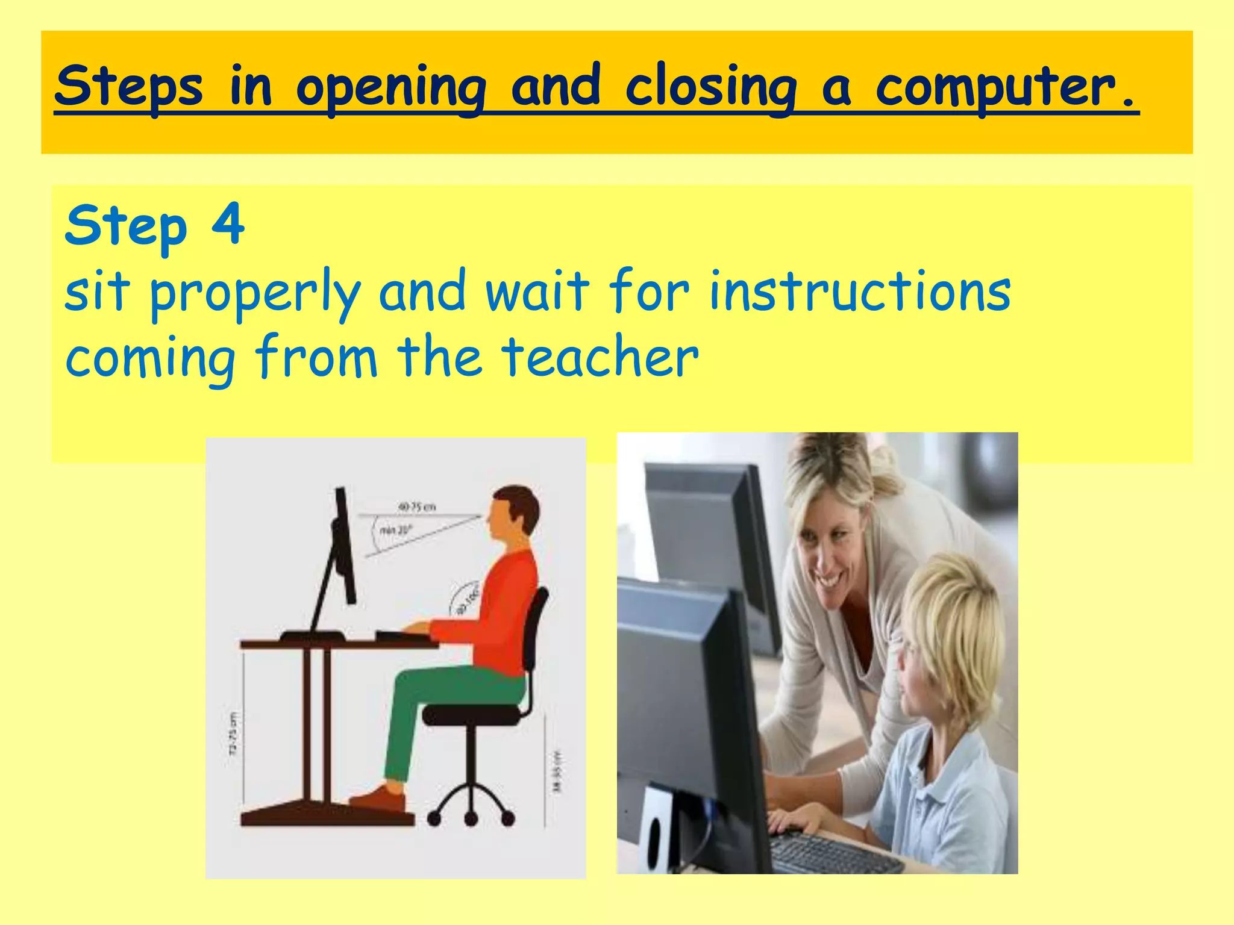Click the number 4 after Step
pyautogui.click(x=228, y=224)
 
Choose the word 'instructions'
pyautogui.click(x=860, y=291)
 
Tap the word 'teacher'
pyautogui.click(x=600, y=358)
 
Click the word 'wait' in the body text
pyautogui.click(x=537, y=291)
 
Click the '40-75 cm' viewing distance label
pyautogui.click(x=416, y=507)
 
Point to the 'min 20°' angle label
pyautogui.click(x=395, y=530)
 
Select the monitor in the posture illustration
pyautogui.click(x=342, y=548)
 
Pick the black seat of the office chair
pyautogui.click(x=470, y=715)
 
